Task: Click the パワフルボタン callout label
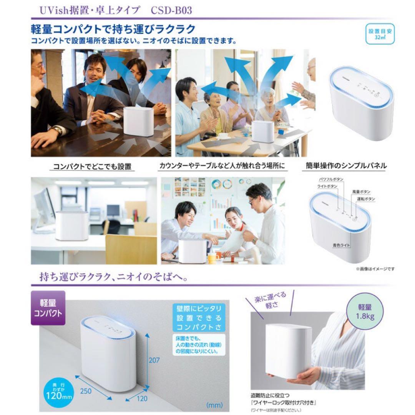(x=331, y=179)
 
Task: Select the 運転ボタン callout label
(x=365, y=199)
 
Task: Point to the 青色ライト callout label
(x=342, y=245)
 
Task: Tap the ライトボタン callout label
(x=327, y=186)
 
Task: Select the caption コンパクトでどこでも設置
(x=92, y=167)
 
